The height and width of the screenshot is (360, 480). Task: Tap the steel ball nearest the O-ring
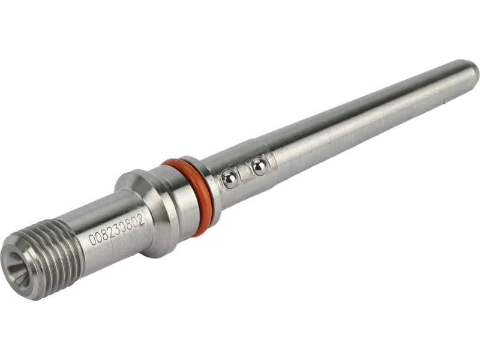230,179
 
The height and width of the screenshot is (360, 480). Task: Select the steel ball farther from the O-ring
259,167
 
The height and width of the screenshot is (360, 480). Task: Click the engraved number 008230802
116,229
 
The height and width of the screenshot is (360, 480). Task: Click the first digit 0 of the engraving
91,239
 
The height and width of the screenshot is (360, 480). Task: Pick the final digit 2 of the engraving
140,220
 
